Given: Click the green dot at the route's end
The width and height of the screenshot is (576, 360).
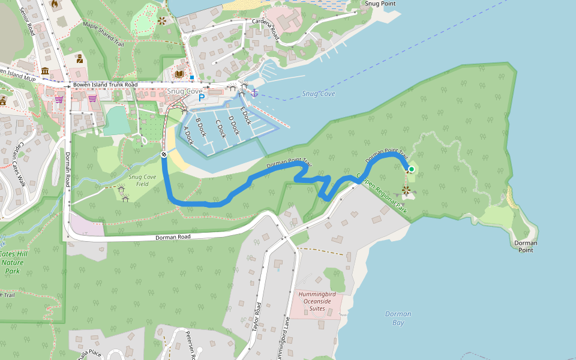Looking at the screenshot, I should pyautogui.click(x=412, y=170).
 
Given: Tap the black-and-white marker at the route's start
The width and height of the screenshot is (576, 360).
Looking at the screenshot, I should pyautogui.click(x=163, y=154).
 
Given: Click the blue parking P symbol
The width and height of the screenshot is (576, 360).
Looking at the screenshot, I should pyautogui.click(x=202, y=97).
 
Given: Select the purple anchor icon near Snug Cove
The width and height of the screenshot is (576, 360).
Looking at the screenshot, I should pyautogui.click(x=254, y=93).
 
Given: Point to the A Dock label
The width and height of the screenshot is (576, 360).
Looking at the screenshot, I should pyautogui.click(x=188, y=136).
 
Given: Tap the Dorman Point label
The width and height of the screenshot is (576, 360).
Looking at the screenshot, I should pyautogui.click(x=526, y=247).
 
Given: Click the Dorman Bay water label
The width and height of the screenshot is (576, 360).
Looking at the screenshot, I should pyautogui.click(x=398, y=318).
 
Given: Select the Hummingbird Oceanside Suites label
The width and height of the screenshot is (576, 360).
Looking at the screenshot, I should pyautogui.click(x=317, y=301).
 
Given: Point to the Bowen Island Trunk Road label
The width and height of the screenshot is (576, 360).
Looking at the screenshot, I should pyautogui.click(x=105, y=85).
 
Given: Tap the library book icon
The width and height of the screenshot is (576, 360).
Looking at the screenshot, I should pyautogui.click(x=179, y=74).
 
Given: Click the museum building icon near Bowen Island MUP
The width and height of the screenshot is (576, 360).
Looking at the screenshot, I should pyautogui.click(x=45, y=71).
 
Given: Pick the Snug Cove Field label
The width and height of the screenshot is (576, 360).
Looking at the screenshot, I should pyautogui.click(x=142, y=181).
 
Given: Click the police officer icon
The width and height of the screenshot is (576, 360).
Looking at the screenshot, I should pyautogui.click(x=79, y=59).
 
